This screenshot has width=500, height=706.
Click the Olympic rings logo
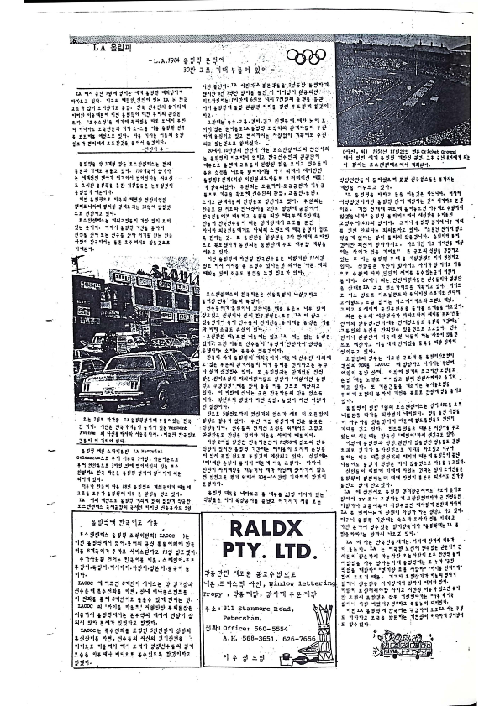pos(305,56)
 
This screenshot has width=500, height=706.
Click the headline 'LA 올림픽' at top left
pos(109,48)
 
